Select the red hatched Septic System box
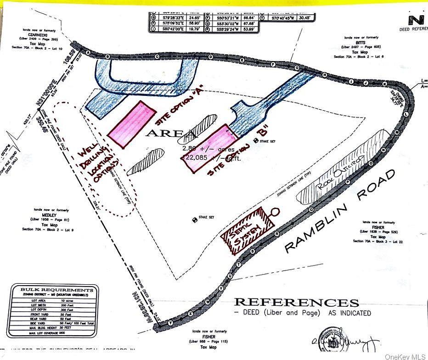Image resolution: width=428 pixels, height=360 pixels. [x=247, y=230]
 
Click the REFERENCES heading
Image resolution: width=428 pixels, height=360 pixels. [x=296, y=303]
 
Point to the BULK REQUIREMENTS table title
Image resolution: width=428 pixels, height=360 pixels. [x=53, y=290]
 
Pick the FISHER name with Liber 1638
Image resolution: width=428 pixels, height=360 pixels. [x=378, y=227]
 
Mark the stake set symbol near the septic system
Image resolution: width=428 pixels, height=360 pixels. [x=195, y=219]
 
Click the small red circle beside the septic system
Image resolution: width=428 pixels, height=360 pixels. [x=275, y=212]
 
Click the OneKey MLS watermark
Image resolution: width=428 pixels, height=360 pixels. [x=405, y=355]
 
